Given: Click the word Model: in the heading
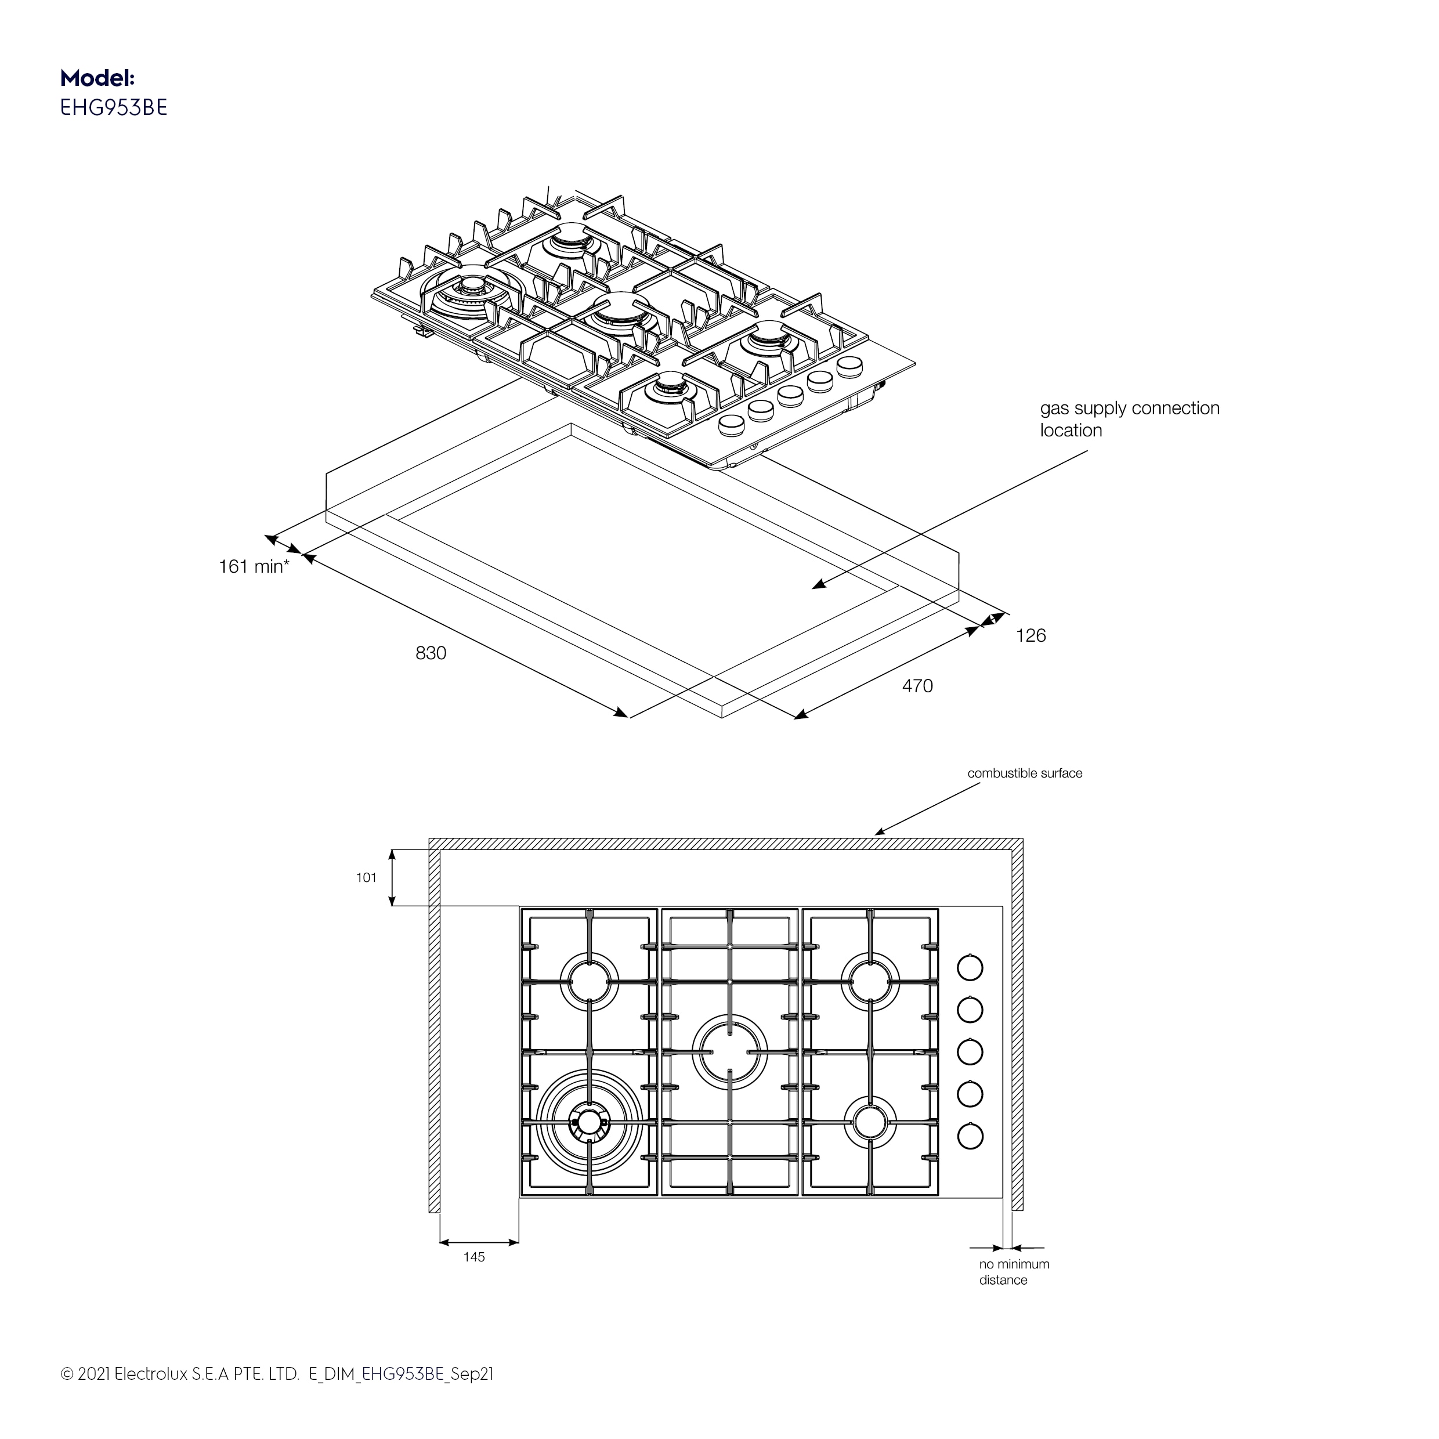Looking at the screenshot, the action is [x=97, y=78].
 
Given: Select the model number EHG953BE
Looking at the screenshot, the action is [x=113, y=108].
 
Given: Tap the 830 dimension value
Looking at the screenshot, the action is [x=431, y=653].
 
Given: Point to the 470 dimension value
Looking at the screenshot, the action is [x=917, y=686].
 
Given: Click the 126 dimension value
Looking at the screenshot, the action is [x=1031, y=635].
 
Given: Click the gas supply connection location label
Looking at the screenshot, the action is [x=1129, y=420].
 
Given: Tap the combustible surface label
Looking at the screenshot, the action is [x=1024, y=773].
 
